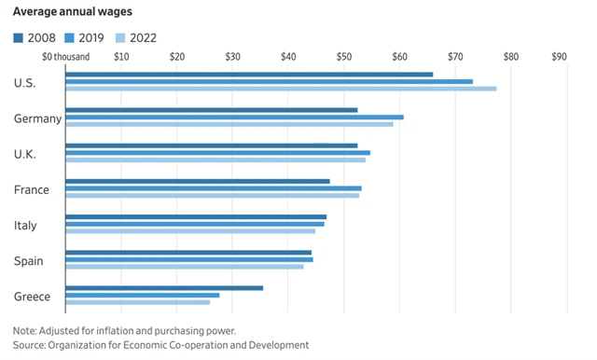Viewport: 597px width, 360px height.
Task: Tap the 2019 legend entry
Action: tap(85, 37)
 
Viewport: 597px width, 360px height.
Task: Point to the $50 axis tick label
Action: tap(343, 57)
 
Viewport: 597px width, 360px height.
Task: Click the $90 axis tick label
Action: tap(559, 57)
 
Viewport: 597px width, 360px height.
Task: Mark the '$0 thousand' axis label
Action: tap(66, 57)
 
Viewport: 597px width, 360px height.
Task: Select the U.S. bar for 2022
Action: tap(280, 89)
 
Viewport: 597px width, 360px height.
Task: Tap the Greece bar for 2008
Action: tap(164, 288)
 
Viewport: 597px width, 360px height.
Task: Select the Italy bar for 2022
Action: tap(190, 230)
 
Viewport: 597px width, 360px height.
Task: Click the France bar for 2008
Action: tap(197, 181)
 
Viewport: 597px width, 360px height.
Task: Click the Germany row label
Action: tap(38, 118)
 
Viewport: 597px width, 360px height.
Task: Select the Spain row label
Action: tap(28, 261)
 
